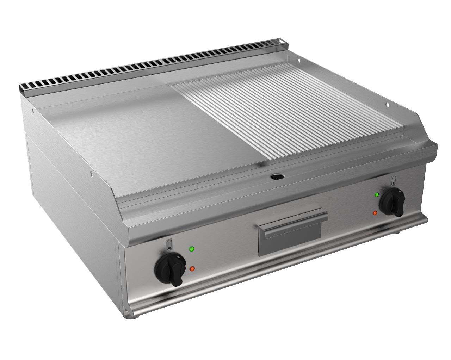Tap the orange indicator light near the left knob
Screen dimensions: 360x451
(x=192, y=268)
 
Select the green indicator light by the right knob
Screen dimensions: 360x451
(x=377, y=194)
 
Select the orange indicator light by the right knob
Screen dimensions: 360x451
(x=376, y=212)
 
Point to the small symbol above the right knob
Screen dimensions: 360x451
(x=394, y=180)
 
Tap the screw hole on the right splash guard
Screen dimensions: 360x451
(x=387, y=104)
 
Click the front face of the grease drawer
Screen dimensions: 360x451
(x=290, y=240)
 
